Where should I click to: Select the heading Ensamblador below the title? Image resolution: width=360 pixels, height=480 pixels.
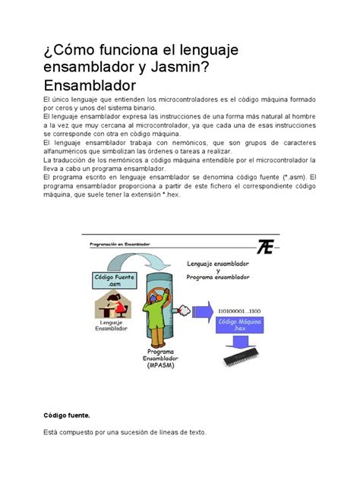90,85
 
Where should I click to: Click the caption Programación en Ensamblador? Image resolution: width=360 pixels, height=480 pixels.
120,244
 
